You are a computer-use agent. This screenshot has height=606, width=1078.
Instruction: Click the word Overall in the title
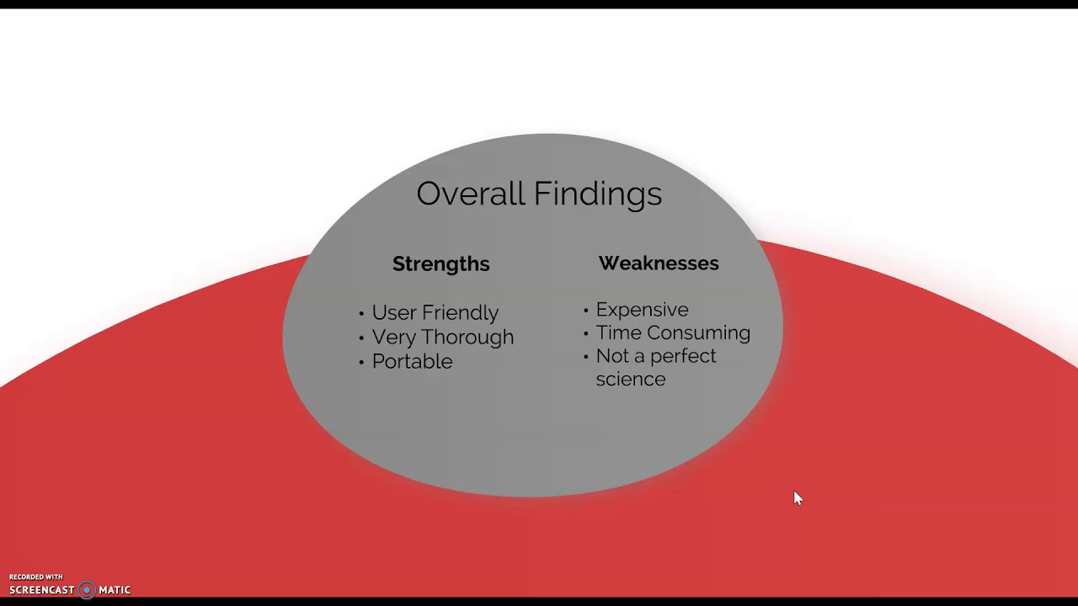click(470, 194)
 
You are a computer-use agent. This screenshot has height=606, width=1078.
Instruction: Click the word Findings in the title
click(598, 194)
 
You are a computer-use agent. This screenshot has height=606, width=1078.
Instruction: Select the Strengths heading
click(440, 264)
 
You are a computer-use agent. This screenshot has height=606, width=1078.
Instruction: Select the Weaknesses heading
click(659, 263)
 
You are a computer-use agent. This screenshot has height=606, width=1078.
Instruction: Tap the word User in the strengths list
click(394, 312)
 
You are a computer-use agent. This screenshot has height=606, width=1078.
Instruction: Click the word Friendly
click(460, 313)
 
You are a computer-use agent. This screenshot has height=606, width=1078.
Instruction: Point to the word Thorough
click(467, 338)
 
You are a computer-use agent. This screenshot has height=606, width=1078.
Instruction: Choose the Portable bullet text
click(413, 362)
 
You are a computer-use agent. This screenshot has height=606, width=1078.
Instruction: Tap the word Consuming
click(699, 333)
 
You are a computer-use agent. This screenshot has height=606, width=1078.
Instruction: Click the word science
click(631, 379)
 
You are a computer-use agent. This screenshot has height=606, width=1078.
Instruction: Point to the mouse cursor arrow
click(798, 498)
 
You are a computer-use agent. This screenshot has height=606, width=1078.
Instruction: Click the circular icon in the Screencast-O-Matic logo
click(87, 590)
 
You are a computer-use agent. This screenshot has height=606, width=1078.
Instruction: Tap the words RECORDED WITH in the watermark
click(36, 577)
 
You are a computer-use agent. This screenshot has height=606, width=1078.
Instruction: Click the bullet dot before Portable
click(361, 363)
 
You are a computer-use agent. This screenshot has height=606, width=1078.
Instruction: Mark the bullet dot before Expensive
click(585, 311)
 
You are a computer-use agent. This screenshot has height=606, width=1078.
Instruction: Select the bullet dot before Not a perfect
click(585, 358)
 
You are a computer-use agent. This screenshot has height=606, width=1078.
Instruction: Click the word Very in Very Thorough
click(394, 338)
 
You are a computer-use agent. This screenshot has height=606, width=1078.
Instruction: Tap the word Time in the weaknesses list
click(618, 332)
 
